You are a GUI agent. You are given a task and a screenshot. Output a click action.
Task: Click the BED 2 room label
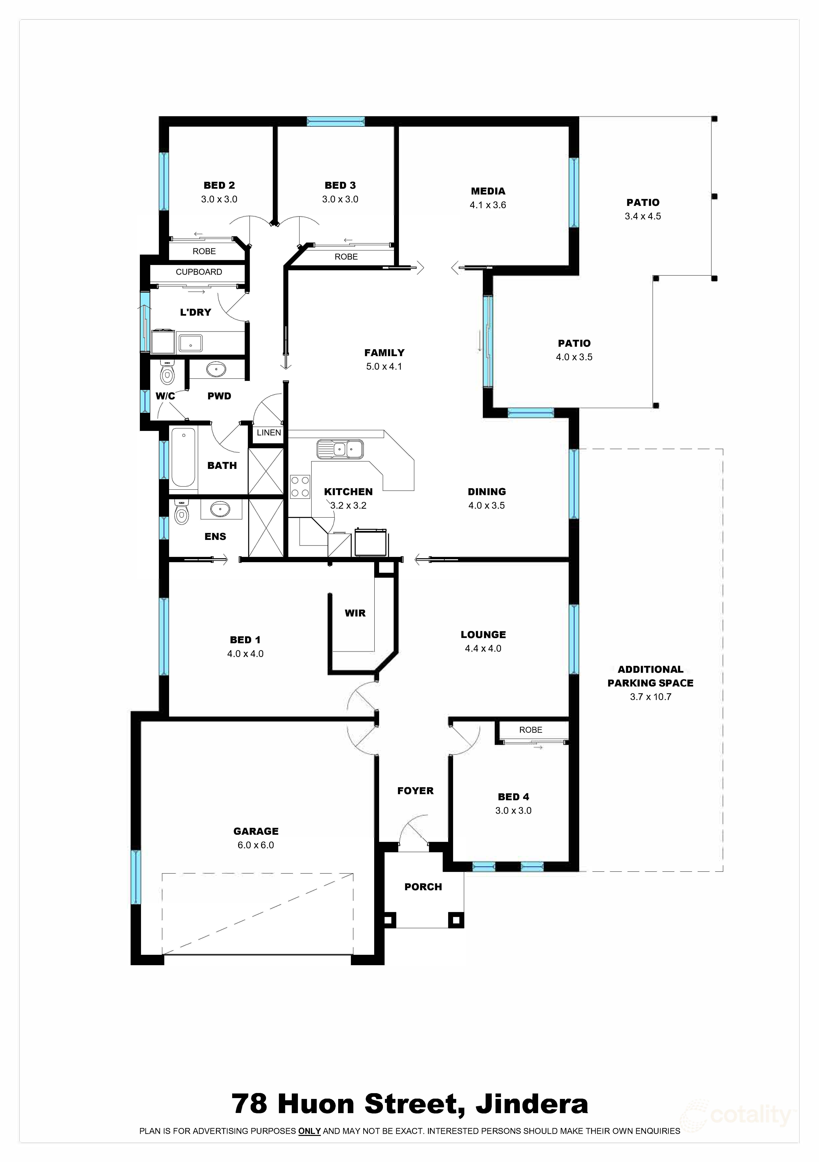(219, 185)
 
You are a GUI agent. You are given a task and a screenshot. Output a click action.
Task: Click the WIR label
(355, 613)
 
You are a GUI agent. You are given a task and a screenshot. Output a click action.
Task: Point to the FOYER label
(415, 791)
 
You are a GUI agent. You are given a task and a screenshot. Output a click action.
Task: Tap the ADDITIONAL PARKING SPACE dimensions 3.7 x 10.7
(650, 696)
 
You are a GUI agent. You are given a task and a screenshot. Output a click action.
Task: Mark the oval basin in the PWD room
(217, 370)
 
